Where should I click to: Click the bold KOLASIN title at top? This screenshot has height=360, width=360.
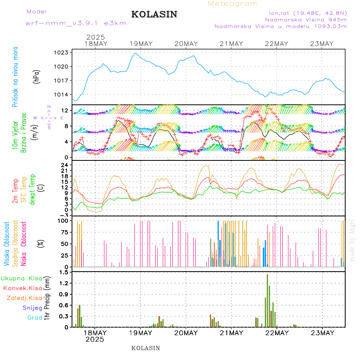[x=154, y=14]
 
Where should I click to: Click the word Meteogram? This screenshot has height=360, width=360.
[x=233, y=4]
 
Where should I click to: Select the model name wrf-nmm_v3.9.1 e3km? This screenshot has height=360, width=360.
[x=76, y=23]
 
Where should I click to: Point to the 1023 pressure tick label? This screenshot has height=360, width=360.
[x=62, y=52]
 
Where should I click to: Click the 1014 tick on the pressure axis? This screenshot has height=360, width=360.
[x=62, y=95]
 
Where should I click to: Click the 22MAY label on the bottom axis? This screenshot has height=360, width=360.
[x=277, y=333]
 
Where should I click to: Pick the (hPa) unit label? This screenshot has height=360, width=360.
[x=37, y=76]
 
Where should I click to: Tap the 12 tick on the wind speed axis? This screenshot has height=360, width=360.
[x=64, y=110]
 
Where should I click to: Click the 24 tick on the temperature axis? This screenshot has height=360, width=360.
[x=64, y=165]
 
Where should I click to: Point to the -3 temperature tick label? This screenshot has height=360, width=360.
[x=63, y=216]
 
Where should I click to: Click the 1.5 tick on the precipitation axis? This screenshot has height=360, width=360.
[x=63, y=272]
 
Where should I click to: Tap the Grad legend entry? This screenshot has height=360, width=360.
[x=35, y=318]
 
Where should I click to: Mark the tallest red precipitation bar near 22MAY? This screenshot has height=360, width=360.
[x=267, y=300]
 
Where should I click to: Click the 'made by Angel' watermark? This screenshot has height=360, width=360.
[x=352, y=240]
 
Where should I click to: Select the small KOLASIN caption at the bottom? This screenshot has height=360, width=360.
[x=146, y=348]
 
